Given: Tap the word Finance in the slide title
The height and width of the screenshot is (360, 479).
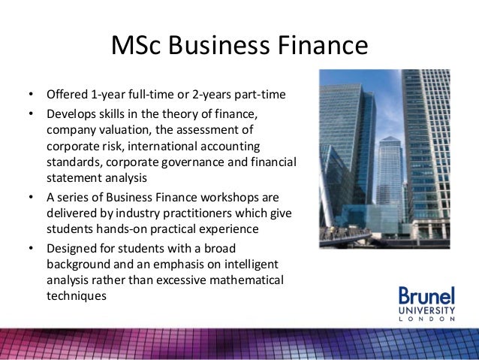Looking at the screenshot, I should [321, 47].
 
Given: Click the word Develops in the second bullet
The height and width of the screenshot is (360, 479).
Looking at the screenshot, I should [70, 113].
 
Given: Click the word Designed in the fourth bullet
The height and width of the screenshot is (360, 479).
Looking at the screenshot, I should [70, 248].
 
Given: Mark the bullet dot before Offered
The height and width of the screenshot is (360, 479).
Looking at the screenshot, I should [31, 96].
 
